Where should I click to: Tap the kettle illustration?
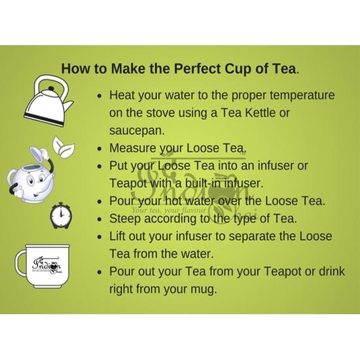(x=48, y=101)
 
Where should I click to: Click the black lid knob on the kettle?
(x=51, y=88)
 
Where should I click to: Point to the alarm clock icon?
(x=61, y=215)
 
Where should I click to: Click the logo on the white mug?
(x=46, y=266)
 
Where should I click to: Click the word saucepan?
(x=137, y=131)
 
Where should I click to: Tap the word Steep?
(x=125, y=219)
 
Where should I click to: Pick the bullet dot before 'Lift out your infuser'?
(x=99, y=237)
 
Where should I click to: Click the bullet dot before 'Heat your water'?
(x=99, y=96)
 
